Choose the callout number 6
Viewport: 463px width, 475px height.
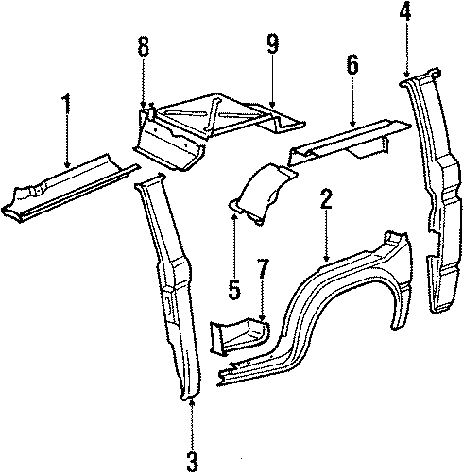[x=352, y=64]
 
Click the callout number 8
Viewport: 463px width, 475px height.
[x=144, y=47]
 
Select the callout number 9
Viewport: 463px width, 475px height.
[x=273, y=43]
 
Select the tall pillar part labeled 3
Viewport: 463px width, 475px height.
[x=170, y=293]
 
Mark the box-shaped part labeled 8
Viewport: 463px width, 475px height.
[x=170, y=142]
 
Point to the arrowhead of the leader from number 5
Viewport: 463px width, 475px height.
[x=234, y=215]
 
